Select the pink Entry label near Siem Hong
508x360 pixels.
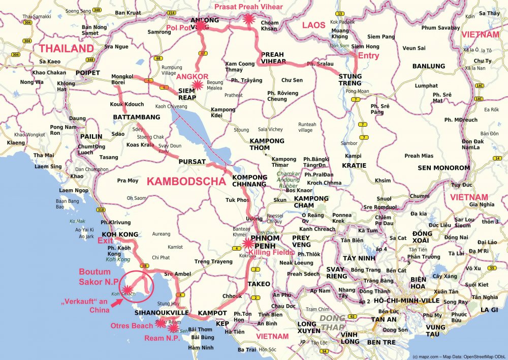pos(369,55)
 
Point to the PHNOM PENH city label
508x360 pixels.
pos(265,242)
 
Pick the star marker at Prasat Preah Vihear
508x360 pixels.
pos(248,19)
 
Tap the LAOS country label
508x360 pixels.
pos(313,24)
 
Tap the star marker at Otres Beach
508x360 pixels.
pos(161,322)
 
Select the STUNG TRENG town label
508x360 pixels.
pos(350,80)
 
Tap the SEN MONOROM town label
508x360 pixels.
pos(443,168)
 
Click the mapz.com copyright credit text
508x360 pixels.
pos(459,356)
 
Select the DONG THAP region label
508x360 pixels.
pos(332,322)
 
